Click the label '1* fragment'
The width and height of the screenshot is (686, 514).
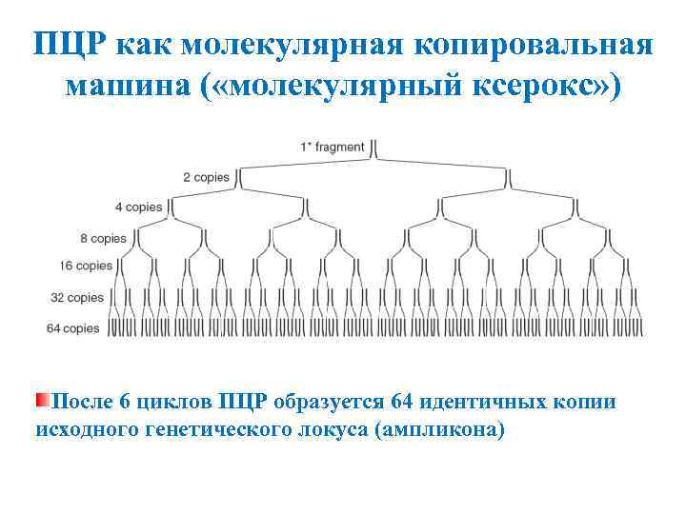(x=333, y=147)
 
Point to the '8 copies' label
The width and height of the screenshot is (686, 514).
(x=104, y=238)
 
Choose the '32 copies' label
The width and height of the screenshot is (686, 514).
(x=77, y=298)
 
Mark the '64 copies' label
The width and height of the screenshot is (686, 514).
(x=73, y=328)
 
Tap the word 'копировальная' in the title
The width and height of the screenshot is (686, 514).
(x=530, y=44)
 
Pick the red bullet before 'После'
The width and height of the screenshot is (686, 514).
(x=42, y=400)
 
